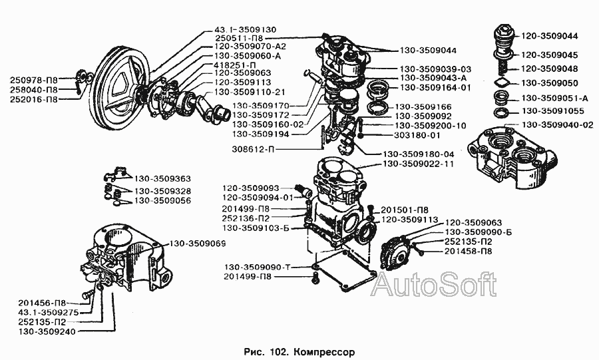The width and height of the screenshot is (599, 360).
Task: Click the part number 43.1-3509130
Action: pos(245,29)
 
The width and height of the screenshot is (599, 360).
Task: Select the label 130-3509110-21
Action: pos(250,92)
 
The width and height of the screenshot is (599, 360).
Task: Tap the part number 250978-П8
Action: pos(34,80)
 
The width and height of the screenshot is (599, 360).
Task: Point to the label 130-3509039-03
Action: pos(435,69)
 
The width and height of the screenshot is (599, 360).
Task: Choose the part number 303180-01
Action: pos(417,135)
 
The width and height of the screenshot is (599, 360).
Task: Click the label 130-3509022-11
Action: pos(419,164)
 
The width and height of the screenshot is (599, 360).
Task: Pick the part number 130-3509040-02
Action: pos(557,125)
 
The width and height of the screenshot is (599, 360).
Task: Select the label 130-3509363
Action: pos(162,178)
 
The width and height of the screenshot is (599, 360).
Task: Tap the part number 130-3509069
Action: pos(198,244)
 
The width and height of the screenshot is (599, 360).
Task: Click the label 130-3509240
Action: pos(47,331)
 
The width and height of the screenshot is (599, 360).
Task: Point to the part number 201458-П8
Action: pos(468,251)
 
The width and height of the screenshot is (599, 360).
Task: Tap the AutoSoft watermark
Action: pos(434,284)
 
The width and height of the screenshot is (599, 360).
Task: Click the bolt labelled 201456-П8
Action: pos(87,294)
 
